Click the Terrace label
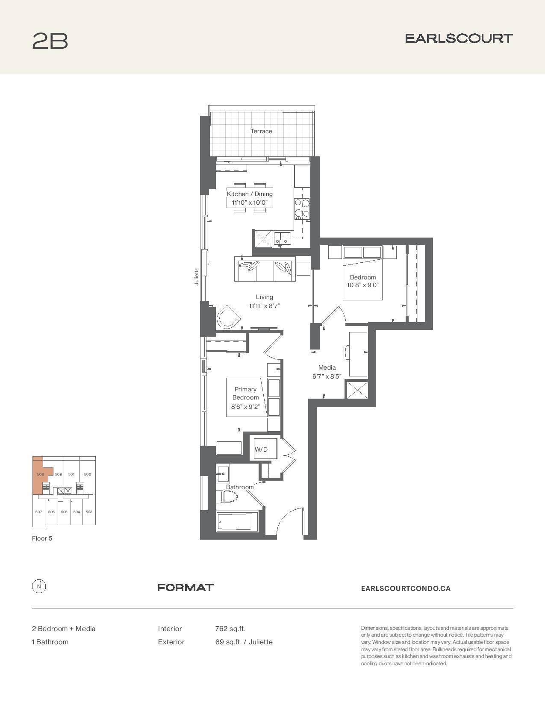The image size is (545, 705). [261, 131]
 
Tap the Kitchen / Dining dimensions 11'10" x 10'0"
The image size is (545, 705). [250, 203]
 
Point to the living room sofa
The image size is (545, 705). [265, 269]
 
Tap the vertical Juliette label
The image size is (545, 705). [196, 276]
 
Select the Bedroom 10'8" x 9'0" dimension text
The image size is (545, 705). [362, 285]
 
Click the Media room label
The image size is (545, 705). [327, 367]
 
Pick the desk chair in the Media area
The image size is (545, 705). [346, 352]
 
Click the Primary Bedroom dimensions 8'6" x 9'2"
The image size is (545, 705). [245, 406]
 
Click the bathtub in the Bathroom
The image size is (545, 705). [237, 522]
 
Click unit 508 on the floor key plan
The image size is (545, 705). [41, 474]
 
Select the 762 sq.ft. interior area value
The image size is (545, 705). [230, 629]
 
